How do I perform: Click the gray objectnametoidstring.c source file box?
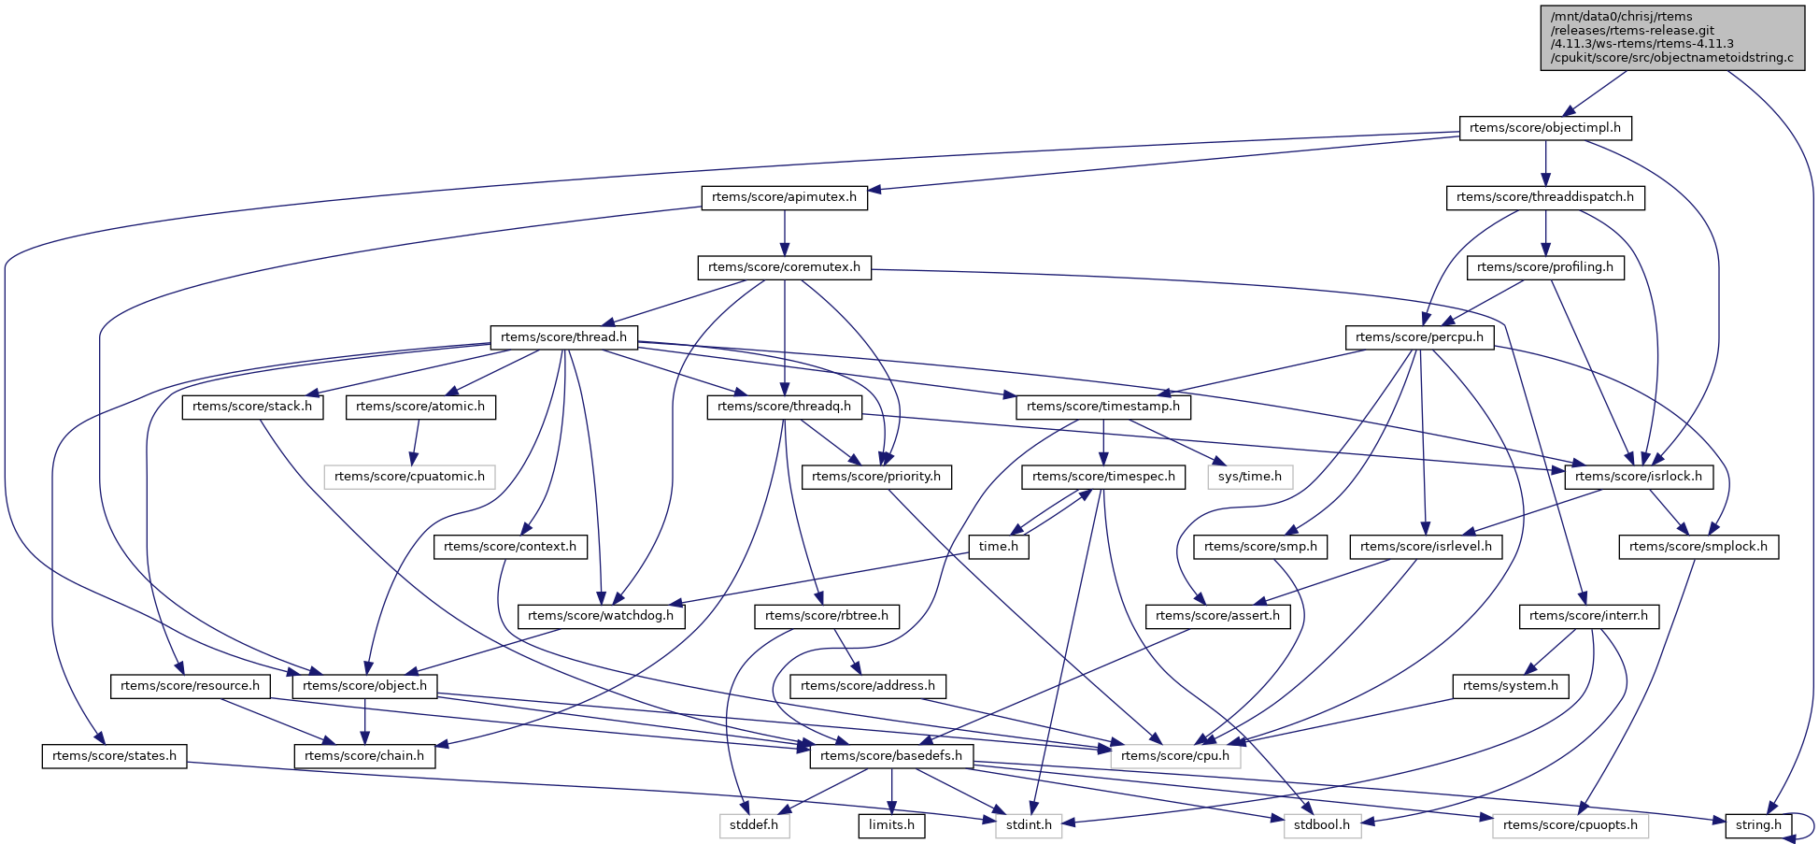tap(1671, 37)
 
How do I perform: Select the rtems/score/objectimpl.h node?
tap(1545, 128)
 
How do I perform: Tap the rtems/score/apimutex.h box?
tap(784, 198)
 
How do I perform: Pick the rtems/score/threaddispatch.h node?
tap(1545, 198)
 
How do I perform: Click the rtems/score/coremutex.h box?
tap(784, 268)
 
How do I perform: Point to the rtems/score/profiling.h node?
tap(1545, 268)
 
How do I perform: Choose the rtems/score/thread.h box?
tap(563, 337)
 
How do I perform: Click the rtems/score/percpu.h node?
tap(1419, 337)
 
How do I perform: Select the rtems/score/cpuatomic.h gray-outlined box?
tap(409, 477)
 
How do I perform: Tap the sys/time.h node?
tap(1250, 477)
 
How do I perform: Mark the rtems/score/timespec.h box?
tap(1103, 477)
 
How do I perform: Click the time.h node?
tap(999, 547)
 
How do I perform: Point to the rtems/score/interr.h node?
tap(1589, 616)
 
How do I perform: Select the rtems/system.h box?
tap(1511, 686)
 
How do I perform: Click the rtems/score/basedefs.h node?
tap(891, 756)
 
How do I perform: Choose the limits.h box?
tap(891, 825)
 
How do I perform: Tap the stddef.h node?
tap(755, 825)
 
